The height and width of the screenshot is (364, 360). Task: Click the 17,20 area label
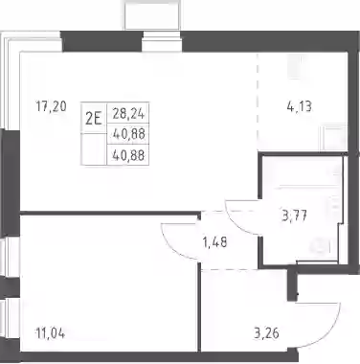pyautogui.click(x=51, y=106)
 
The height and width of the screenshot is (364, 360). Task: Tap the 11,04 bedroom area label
pyautogui.click(x=51, y=333)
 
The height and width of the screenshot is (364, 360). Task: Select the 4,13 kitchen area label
pyautogui.click(x=299, y=106)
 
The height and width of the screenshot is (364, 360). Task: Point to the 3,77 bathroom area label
pyautogui.click(x=294, y=216)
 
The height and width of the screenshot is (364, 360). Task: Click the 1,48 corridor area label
pyautogui.click(x=214, y=242)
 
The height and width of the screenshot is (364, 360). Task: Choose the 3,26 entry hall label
pyautogui.click(x=266, y=333)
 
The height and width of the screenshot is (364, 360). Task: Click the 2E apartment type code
pyautogui.click(x=94, y=119)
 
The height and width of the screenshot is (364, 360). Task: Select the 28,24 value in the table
pyautogui.click(x=128, y=113)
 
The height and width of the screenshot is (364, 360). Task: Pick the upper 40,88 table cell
pyautogui.click(x=128, y=134)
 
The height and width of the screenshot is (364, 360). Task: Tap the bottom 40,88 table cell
pyautogui.click(x=128, y=155)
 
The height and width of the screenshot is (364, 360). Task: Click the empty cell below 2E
pyautogui.click(x=94, y=149)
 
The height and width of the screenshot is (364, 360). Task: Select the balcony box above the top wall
pyautogui.click(x=153, y=14)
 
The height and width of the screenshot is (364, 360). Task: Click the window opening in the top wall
pyautogui.click(x=162, y=41)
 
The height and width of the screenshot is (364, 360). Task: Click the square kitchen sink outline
pyautogui.click(x=334, y=138)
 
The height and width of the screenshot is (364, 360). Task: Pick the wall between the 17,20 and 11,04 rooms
pyautogui.click(x=109, y=213)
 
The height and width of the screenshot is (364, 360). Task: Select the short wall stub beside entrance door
pyautogui.click(x=292, y=285)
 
